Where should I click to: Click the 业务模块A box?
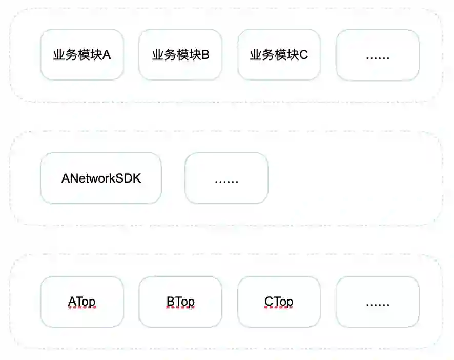pos(82,55)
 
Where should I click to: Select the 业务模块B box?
pos(180,55)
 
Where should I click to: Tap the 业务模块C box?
pos(279,55)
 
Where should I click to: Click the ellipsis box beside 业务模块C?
pos(378,55)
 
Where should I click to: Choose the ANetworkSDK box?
pos(101,178)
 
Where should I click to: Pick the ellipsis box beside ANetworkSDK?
pos(226,178)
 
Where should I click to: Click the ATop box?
pos(82,302)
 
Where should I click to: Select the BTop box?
pos(180,302)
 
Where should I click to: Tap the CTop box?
pos(279,302)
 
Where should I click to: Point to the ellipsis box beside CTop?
pos(378,302)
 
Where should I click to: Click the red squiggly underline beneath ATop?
pos(82,308)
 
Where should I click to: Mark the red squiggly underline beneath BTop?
pos(180,308)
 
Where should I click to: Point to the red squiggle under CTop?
pos(279,308)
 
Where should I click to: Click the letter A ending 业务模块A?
pos(107,55)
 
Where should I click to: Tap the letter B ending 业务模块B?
pos(205,55)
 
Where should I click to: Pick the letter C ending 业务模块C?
pos(304,55)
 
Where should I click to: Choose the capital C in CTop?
pos(269,302)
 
